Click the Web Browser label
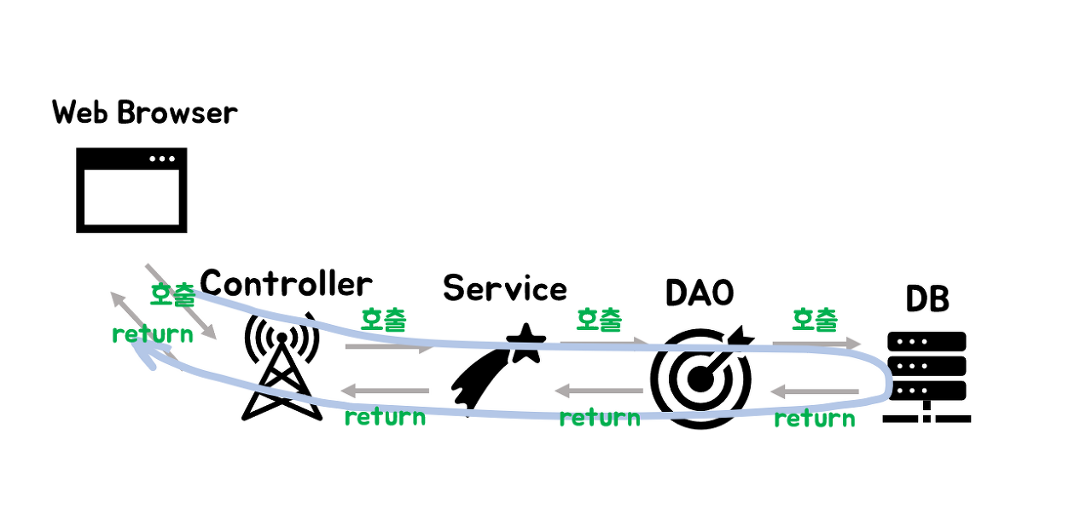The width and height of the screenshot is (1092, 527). [x=145, y=113]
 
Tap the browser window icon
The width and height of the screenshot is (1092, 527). [x=131, y=190]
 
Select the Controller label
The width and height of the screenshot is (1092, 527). [x=286, y=283]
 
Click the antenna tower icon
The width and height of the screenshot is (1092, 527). [x=282, y=367]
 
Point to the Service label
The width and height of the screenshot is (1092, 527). [x=505, y=288]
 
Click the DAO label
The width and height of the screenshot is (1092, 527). [x=700, y=292]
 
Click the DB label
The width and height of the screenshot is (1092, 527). [x=926, y=299]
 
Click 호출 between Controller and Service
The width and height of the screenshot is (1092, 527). [x=383, y=320]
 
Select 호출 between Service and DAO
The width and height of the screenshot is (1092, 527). [x=599, y=320]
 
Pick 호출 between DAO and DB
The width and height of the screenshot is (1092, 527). [x=815, y=320]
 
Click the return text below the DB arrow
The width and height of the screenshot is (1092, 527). [x=815, y=419]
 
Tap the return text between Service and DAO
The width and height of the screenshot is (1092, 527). [x=599, y=418]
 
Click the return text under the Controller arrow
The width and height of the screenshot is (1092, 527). [x=384, y=417]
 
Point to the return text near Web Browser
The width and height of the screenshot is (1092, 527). [x=152, y=333]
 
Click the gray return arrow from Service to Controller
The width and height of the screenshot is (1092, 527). [x=385, y=391]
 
